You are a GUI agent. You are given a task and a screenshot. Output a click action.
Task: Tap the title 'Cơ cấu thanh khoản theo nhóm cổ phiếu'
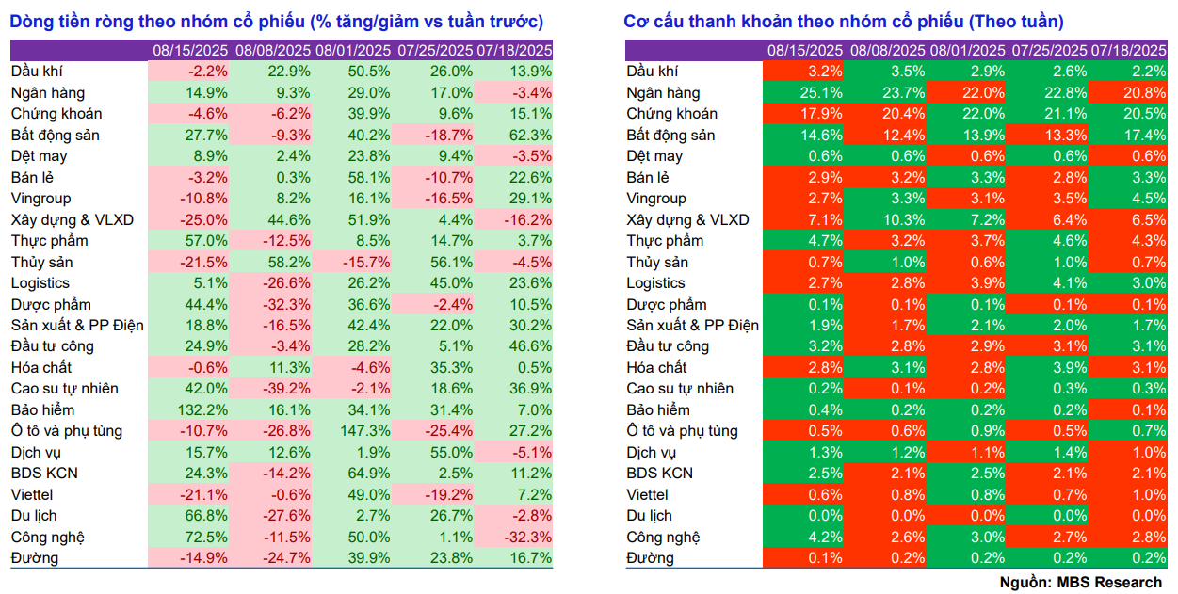coord(844,22)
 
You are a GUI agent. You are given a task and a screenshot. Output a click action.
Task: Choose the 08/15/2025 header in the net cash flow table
coord(190,51)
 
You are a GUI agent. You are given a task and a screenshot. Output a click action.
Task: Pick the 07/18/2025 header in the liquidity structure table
coord(1128,51)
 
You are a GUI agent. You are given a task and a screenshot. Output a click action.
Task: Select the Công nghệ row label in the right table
coord(663,537)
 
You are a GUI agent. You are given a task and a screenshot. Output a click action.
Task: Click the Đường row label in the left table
coord(35,558)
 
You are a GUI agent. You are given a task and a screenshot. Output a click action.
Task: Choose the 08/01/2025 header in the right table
coord(967,51)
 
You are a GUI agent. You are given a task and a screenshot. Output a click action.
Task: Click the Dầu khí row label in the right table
coord(653,71)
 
